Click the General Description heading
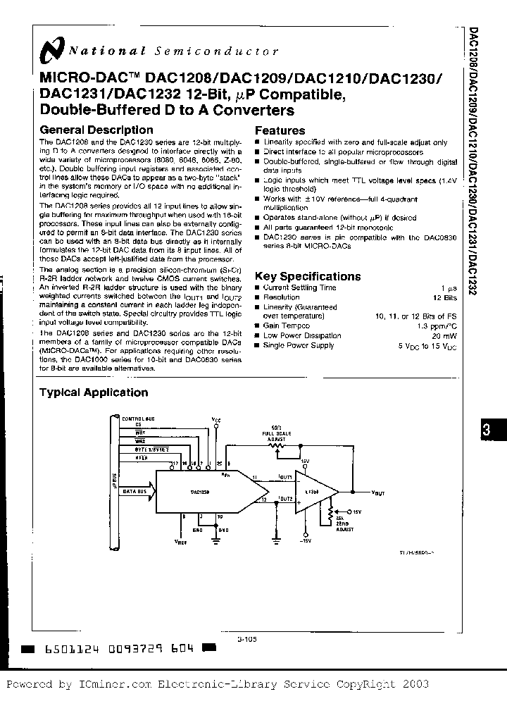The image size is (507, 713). click(96, 130)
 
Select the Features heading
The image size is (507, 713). click(280, 130)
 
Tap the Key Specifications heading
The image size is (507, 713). click(307, 276)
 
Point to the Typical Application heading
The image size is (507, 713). click(93, 392)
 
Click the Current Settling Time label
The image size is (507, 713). click(299, 287)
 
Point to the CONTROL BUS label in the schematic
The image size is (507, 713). click(138, 418)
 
